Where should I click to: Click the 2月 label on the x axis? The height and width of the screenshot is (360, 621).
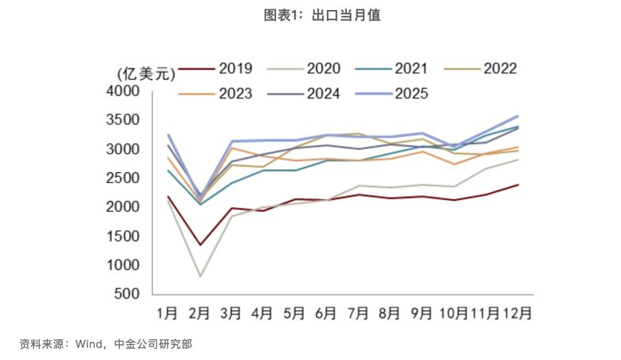tap(199, 313)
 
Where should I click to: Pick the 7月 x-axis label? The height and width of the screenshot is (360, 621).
tap(357, 313)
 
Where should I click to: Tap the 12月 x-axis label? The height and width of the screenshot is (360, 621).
tap(516, 313)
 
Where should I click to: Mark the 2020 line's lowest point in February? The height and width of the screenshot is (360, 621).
tap(200, 276)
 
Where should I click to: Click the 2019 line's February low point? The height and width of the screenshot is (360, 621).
tap(200, 245)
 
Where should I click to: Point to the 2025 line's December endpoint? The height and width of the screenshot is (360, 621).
tap(518, 116)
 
